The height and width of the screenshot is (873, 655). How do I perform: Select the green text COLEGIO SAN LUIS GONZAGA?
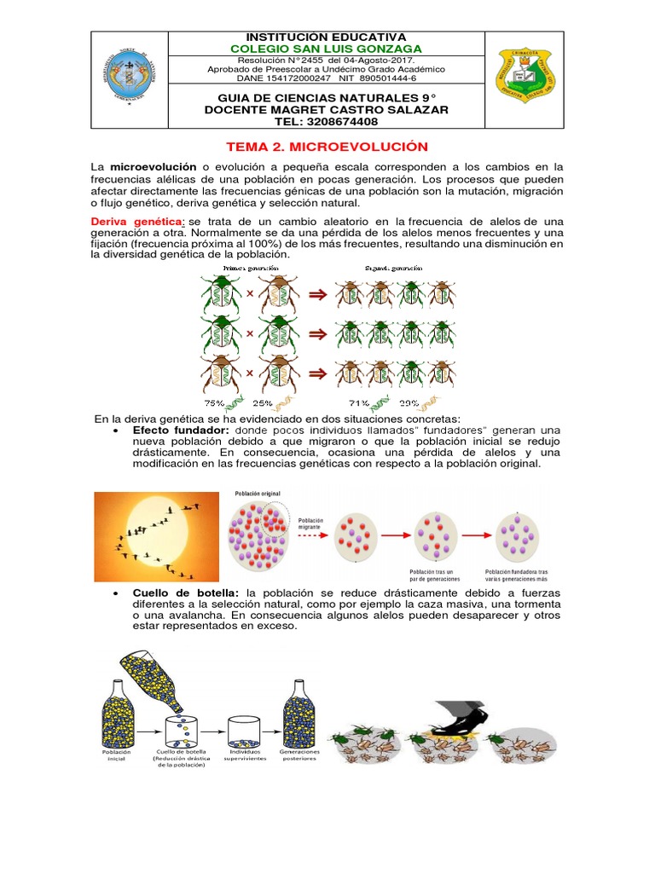click(327, 49)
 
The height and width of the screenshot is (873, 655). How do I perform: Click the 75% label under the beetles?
click(213, 402)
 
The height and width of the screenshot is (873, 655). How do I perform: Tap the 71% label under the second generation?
click(358, 402)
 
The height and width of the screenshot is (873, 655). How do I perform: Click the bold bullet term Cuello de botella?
click(187, 593)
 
